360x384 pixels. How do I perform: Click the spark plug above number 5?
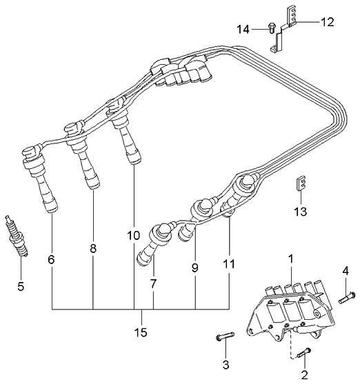pos(17,236)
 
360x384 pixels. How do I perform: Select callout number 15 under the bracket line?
pos(141,332)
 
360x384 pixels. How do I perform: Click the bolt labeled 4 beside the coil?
pos(347,298)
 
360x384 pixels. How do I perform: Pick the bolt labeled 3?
pos(225,336)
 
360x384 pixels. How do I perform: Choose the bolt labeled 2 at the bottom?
pos(304,354)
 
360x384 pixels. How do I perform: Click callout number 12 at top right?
pos(328,22)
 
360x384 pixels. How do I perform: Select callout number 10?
pos(134,236)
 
